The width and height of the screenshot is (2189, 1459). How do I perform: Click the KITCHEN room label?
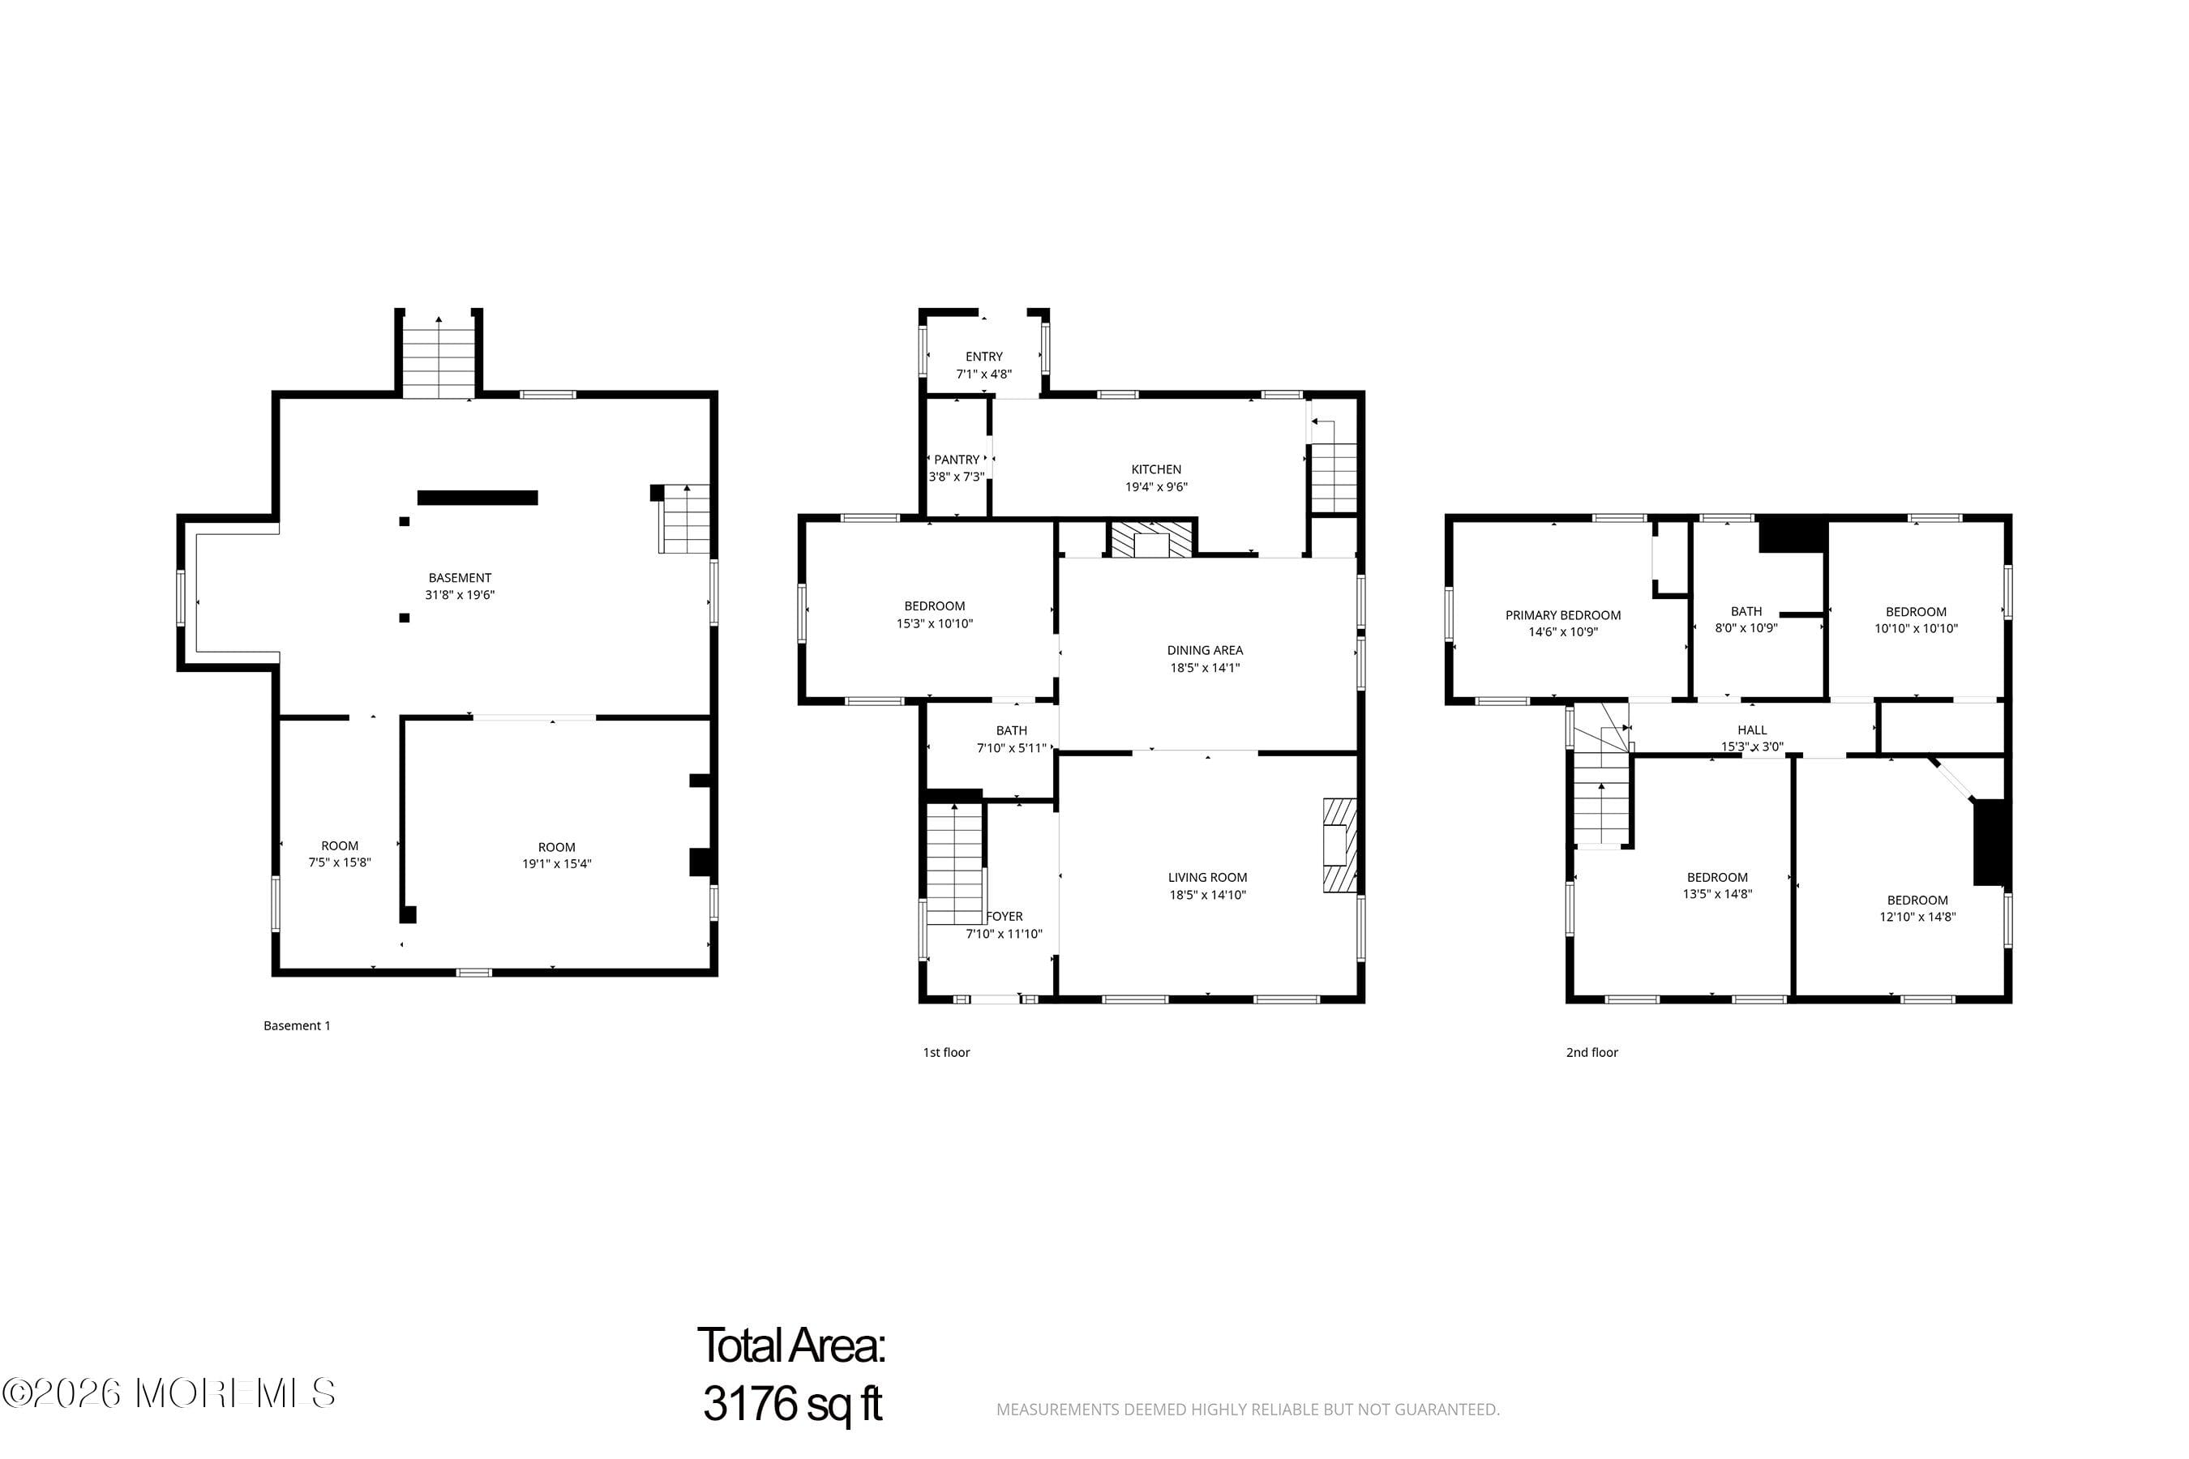point(1156,470)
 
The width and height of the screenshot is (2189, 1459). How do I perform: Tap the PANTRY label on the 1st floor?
point(957,460)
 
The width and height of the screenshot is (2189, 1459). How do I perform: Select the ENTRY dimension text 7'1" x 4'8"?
point(983,374)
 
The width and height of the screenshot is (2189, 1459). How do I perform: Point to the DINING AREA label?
point(1206,650)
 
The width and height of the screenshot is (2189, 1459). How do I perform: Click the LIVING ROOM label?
point(1207,878)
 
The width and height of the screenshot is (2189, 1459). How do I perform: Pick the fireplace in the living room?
point(1340,845)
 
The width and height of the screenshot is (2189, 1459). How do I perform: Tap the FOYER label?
point(1005,917)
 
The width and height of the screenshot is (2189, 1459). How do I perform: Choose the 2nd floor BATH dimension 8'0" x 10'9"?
point(1746,628)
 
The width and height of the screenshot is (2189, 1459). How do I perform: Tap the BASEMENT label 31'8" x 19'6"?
point(460,578)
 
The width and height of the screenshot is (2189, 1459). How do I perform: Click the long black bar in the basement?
point(478,498)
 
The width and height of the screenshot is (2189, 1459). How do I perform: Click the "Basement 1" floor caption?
point(297,1025)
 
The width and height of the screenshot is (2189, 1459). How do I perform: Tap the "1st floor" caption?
point(946,1052)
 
